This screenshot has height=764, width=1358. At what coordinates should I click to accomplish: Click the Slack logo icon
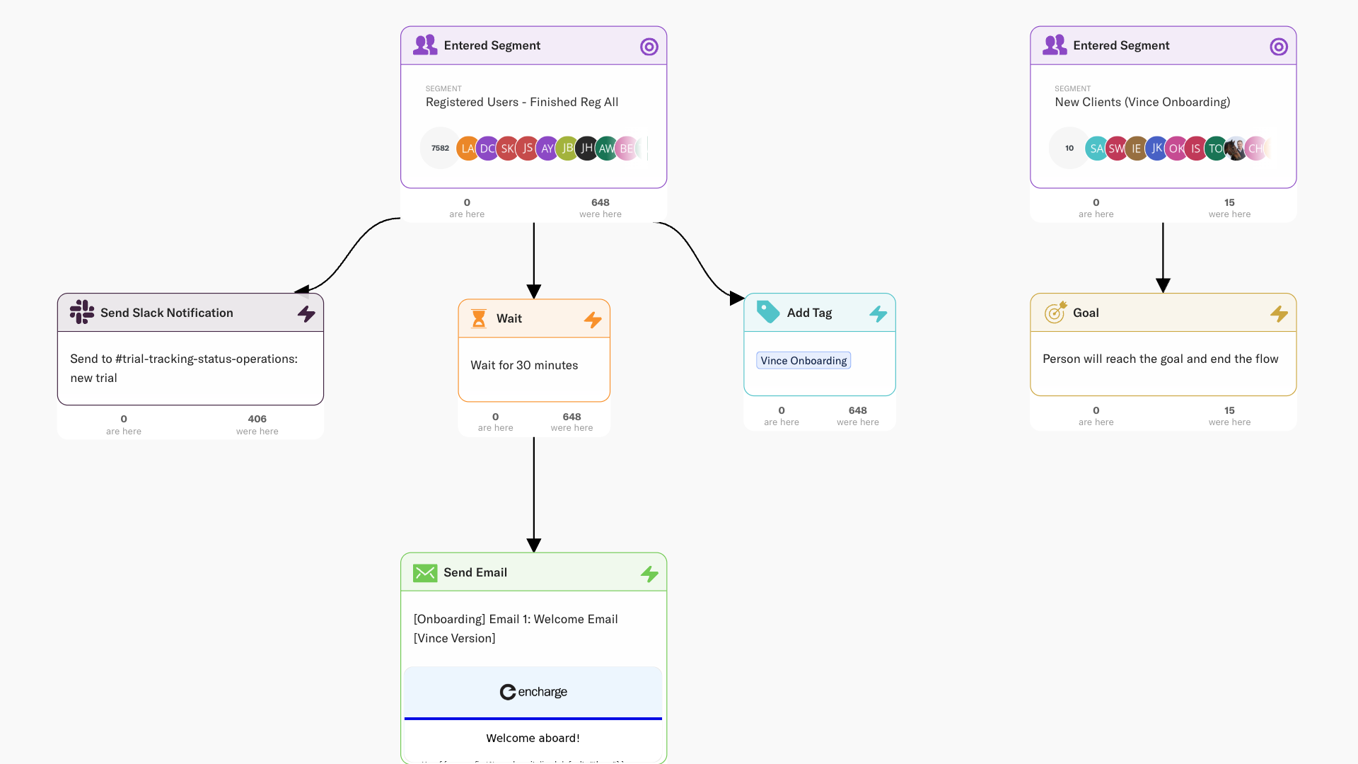pos(82,312)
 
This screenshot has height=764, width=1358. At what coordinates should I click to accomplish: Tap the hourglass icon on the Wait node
pos(479,319)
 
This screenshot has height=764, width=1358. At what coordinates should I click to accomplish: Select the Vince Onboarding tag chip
pos(803,361)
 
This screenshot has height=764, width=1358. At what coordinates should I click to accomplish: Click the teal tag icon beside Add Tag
pos(768,312)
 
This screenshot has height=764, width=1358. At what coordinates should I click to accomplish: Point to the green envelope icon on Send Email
pos(425,573)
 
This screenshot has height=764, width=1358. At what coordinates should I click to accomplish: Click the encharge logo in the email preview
pos(533,692)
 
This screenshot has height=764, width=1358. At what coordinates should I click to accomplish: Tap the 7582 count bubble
pos(440,149)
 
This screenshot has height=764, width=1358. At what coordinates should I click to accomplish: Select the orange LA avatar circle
pos(467,149)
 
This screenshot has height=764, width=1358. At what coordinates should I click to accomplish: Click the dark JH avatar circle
pos(586,149)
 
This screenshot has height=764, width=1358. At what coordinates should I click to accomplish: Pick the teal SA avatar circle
pos(1096,149)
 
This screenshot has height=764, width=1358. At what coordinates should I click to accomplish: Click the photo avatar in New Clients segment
pos(1236,149)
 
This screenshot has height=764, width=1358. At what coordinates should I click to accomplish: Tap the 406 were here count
pos(257,419)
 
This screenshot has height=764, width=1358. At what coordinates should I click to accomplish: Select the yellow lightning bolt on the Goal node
pos(1279,313)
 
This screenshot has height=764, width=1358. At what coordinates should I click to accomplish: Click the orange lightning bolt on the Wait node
pos(593,320)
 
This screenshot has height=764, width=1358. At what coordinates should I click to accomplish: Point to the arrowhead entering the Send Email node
pos(534,545)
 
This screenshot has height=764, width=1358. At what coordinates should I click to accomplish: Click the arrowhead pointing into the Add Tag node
pos(736,299)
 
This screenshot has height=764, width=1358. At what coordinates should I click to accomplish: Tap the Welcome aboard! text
pos(533,738)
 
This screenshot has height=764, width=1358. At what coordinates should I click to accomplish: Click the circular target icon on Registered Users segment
pos(649,47)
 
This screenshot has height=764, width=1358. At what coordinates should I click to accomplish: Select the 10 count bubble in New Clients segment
pos(1069,149)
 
